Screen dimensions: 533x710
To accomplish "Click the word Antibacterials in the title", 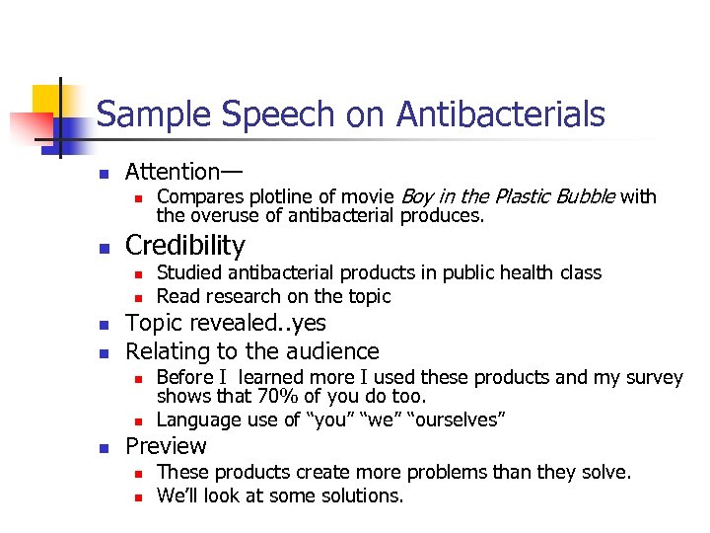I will click(x=500, y=115).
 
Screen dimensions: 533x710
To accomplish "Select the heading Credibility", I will click(x=184, y=245).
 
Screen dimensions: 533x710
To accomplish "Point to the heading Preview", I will click(x=166, y=446).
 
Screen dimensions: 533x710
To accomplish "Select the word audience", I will click(x=332, y=351).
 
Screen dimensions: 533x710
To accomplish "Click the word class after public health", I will click(x=577, y=272).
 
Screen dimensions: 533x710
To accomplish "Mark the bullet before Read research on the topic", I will click(x=139, y=297).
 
